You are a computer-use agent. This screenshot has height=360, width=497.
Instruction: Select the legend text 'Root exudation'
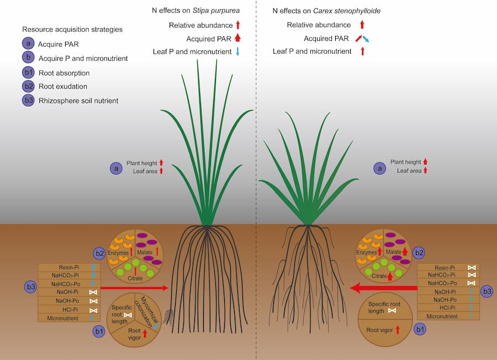[62, 87]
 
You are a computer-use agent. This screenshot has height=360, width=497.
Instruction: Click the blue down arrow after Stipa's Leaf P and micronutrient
[237, 51]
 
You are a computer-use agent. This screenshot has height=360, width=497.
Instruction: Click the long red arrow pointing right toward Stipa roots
[134, 288]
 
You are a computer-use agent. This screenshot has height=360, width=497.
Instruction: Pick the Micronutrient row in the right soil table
[448, 316]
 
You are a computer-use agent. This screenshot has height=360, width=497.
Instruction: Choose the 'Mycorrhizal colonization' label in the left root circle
[146, 310]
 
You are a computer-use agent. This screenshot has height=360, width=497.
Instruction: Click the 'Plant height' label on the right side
[405, 162]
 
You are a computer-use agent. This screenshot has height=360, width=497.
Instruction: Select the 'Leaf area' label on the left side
[145, 171]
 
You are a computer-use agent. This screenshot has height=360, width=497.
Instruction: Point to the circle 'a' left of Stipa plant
[116, 168]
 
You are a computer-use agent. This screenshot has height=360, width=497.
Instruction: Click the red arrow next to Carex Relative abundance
[362, 25]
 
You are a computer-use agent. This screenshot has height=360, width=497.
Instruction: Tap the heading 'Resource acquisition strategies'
[72, 29]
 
